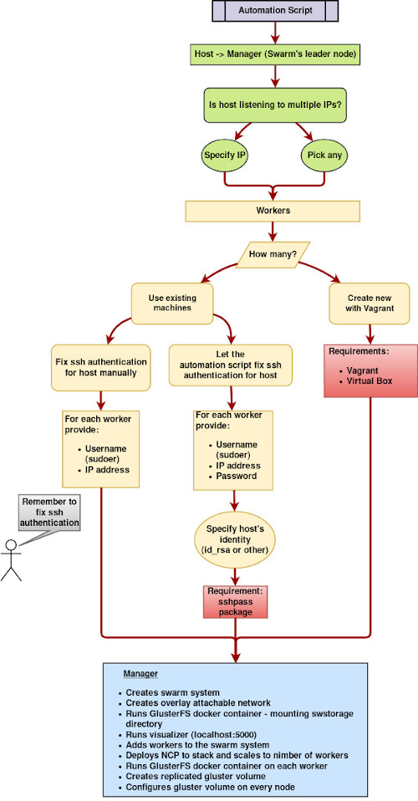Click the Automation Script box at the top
275,11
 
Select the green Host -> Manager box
275,54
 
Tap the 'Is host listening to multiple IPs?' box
275,105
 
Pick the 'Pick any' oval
325,155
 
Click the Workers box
273,211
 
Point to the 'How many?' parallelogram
273,254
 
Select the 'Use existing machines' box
172,304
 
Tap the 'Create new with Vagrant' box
370,304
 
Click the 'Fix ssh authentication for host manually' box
101,367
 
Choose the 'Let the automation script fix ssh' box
231,365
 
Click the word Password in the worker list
236,476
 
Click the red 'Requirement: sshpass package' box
235,601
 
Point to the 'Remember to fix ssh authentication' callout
50,513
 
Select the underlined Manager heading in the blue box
140,674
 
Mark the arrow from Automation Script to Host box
275,33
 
